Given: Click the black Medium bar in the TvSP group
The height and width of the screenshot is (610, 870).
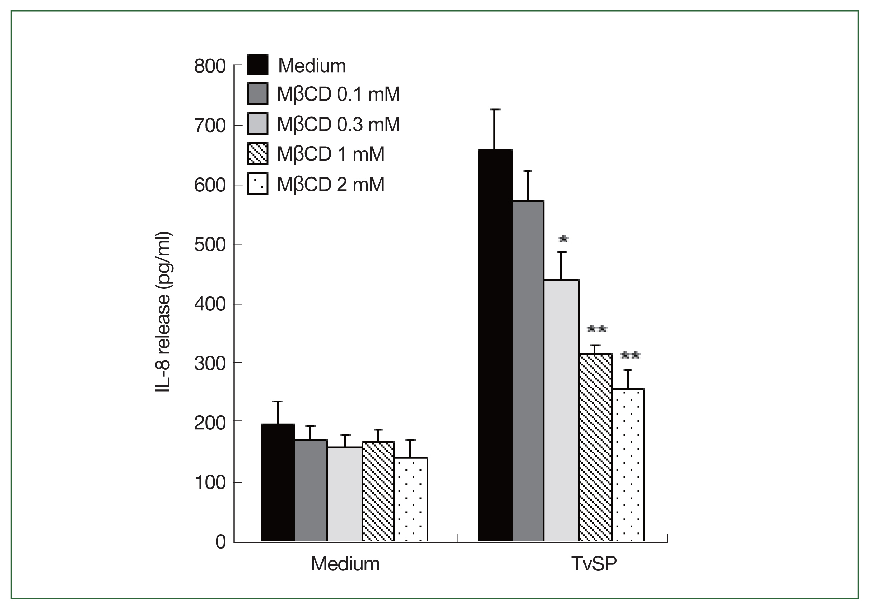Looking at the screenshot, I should tap(495, 345).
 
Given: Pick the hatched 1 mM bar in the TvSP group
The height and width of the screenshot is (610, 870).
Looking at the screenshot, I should tap(595, 447).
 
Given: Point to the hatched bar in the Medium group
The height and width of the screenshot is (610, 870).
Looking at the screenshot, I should tap(378, 491).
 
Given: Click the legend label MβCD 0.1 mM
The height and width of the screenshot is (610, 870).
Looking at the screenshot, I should tap(338, 94).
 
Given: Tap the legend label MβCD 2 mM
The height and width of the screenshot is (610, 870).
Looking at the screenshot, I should tap(331, 185).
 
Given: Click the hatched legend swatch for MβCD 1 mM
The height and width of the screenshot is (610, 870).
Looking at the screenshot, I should tap(258, 153).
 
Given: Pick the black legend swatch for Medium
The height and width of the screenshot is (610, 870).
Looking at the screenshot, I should tap(258, 65).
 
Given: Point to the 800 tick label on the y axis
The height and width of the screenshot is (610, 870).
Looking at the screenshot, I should tap(210, 66).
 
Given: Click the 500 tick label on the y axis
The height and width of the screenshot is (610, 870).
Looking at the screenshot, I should tap(210, 245).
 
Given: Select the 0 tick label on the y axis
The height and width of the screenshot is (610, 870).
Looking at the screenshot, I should tap(220, 542).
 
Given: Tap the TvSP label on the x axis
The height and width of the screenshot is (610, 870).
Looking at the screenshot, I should tap(594, 564).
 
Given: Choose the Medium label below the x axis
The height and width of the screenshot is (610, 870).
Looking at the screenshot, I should tap(345, 564).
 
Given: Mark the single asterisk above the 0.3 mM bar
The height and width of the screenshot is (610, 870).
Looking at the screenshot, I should tap(563, 239).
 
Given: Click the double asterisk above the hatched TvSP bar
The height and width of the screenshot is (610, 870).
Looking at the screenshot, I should tap(597, 328).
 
